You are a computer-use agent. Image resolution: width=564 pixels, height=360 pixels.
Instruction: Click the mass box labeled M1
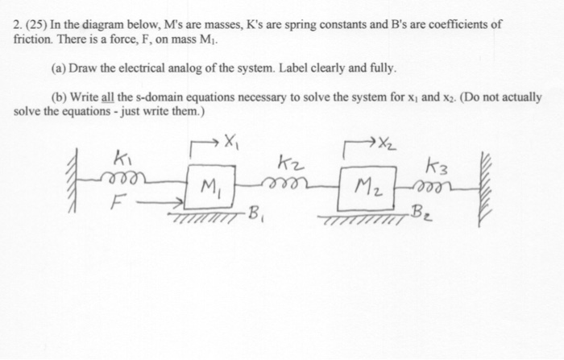[207, 188]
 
